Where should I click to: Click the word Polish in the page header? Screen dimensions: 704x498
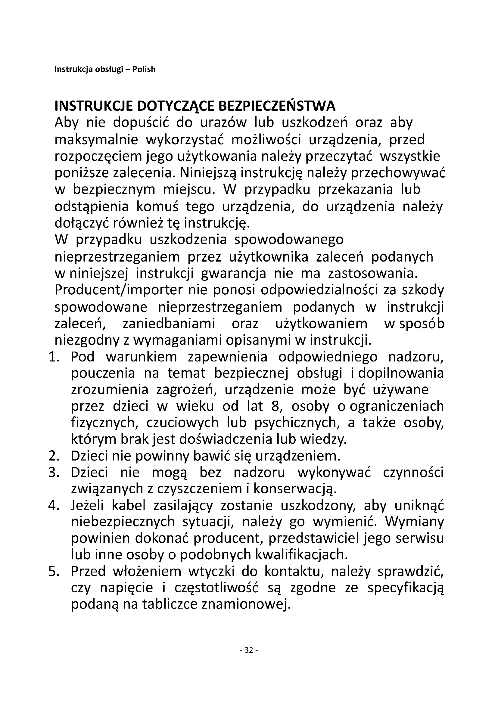(x=144, y=70)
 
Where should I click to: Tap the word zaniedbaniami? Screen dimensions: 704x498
(x=169, y=324)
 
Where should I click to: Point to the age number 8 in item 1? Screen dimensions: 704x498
(x=275, y=406)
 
